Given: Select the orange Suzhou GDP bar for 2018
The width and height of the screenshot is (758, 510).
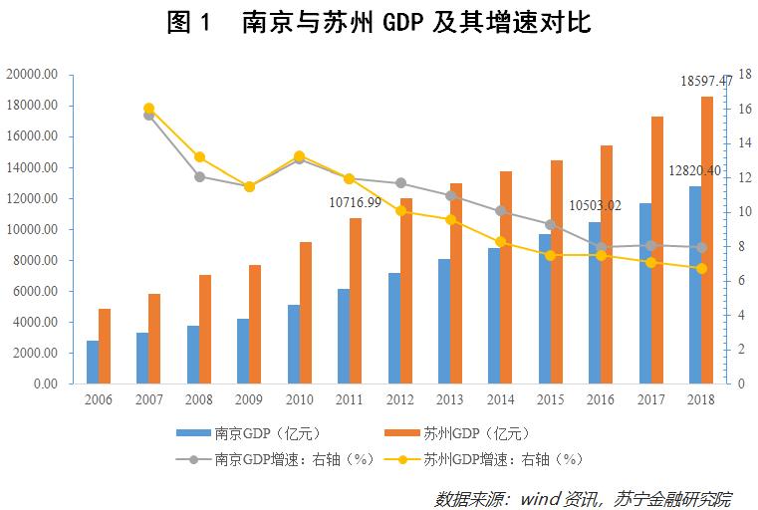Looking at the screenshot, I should [706, 240].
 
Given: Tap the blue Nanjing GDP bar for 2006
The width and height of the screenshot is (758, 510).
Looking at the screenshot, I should [93, 362].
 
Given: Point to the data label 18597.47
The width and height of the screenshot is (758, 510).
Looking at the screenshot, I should [705, 81].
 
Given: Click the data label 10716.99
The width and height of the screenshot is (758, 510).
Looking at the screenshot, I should [356, 202].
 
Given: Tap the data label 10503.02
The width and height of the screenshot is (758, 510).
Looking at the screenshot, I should [595, 206].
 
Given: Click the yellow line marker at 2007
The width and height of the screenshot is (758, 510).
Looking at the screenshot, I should [149, 109].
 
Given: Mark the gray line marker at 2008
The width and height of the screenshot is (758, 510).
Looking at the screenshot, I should [199, 176].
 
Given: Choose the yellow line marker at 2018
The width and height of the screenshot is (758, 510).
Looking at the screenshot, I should [701, 268].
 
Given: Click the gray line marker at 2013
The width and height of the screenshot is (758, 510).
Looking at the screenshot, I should [450, 195].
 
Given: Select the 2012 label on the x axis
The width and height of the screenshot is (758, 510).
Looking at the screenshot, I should [400, 398].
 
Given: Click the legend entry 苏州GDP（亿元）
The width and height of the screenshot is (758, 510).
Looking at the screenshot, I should [462, 433].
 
